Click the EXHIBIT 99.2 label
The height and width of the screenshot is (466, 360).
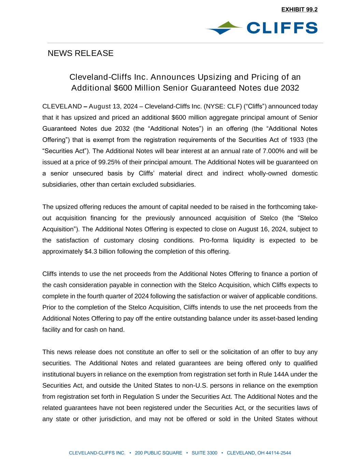(x=299, y=10)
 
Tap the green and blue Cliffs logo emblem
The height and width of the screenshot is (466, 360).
(x=224, y=28)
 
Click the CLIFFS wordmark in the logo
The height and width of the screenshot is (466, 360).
(x=282, y=28)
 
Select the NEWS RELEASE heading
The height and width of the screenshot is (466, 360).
(x=81, y=53)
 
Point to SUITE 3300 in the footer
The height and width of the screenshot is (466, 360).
(x=204, y=453)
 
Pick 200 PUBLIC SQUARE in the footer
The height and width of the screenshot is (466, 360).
(x=159, y=453)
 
